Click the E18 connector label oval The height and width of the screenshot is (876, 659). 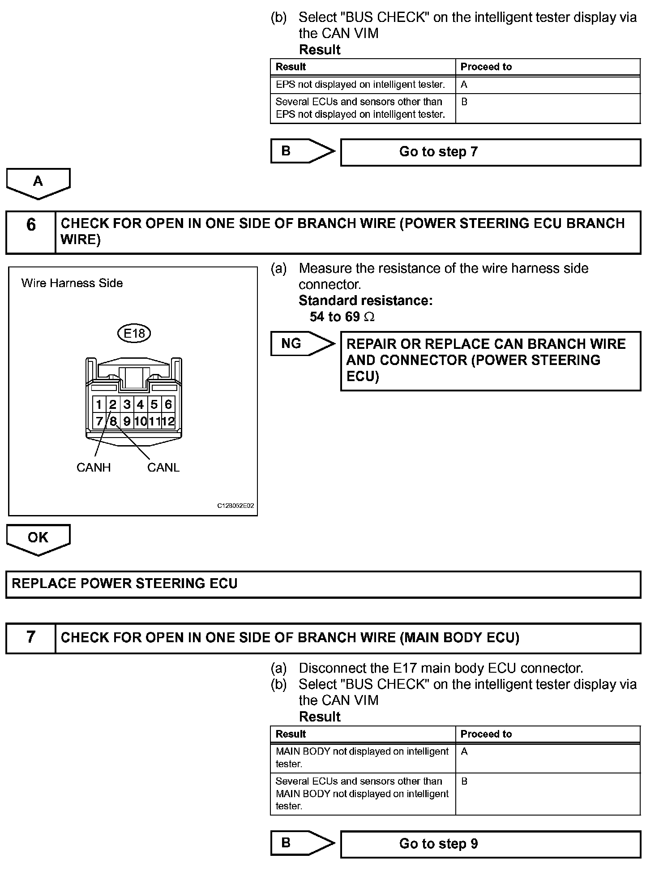click(x=134, y=333)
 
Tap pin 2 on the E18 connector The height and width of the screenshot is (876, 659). click(x=113, y=405)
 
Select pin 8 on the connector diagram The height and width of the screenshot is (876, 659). click(x=113, y=421)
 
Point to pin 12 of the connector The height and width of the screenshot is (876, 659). click(x=168, y=421)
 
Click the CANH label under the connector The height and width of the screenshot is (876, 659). click(x=94, y=468)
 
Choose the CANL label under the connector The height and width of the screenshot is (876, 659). click(x=163, y=468)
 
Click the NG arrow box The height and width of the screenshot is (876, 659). click(x=302, y=344)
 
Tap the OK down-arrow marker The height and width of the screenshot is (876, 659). click(x=38, y=538)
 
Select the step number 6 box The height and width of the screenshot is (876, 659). click(x=31, y=232)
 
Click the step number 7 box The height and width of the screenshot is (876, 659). click(x=31, y=638)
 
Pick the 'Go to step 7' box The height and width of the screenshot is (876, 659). click(x=490, y=152)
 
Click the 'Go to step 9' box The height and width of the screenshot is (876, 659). click(x=490, y=844)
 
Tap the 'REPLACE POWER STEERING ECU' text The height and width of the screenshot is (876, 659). click(x=124, y=584)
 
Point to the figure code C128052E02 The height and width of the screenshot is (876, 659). click(x=235, y=506)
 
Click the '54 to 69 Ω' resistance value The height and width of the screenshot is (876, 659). click(x=342, y=317)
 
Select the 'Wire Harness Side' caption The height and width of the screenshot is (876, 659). click(x=72, y=283)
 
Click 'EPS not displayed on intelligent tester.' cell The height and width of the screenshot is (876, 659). click(x=360, y=85)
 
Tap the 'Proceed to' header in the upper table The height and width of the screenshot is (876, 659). click(x=486, y=67)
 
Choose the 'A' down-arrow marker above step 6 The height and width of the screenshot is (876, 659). click(x=38, y=182)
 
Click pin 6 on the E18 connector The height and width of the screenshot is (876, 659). click(x=168, y=405)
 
